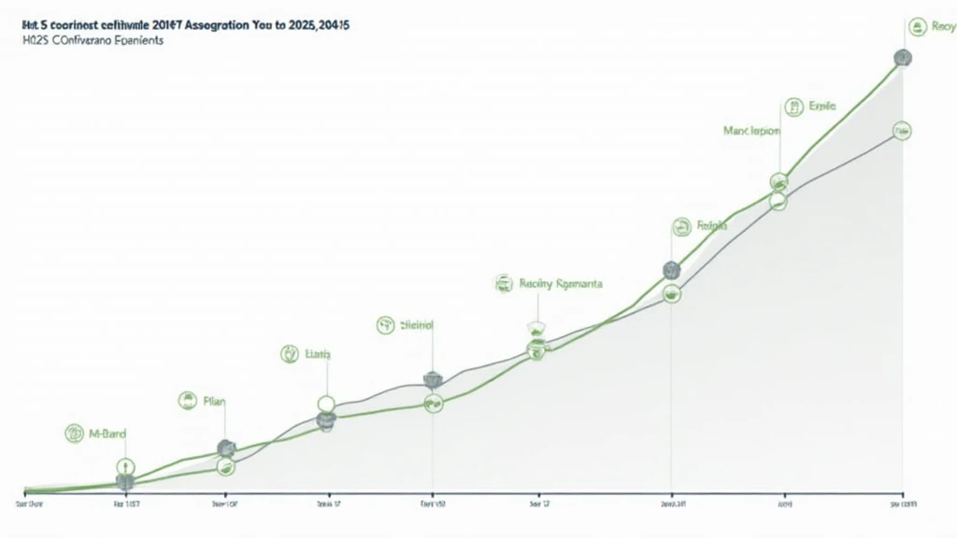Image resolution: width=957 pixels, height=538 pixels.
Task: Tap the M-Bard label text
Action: tap(108, 433)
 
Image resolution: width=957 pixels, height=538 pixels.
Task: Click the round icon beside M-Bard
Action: tap(75, 432)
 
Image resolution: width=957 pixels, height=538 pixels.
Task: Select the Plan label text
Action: tap(214, 402)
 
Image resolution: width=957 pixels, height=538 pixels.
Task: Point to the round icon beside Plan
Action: tap(186, 402)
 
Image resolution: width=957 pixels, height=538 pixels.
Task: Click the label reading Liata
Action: tap(318, 354)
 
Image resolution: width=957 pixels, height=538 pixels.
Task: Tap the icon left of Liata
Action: tap(290, 354)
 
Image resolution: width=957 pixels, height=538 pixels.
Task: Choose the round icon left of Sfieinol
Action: tap(385, 325)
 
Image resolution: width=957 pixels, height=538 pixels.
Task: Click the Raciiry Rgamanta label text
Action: tap(561, 283)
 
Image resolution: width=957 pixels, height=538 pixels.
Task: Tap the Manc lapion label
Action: tap(750, 132)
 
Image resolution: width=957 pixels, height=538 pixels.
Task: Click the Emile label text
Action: tap(822, 106)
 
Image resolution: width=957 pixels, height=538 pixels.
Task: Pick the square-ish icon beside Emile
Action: tap(794, 106)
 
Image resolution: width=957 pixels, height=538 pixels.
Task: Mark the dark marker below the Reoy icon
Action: tap(902, 58)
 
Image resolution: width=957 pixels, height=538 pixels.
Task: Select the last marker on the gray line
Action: tap(902, 131)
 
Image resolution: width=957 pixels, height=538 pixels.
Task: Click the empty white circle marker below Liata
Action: tap(326, 403)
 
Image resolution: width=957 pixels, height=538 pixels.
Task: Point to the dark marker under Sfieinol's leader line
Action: tap(432, 379)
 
